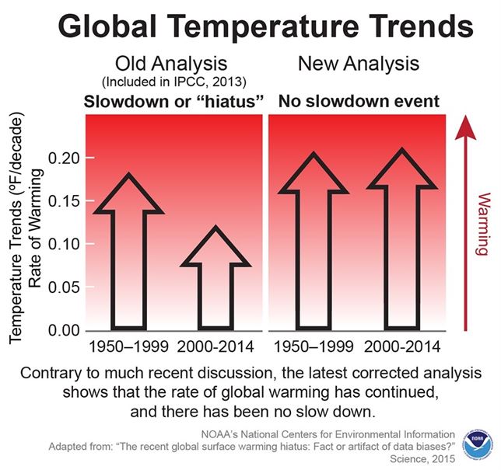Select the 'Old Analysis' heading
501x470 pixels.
coord(173,63)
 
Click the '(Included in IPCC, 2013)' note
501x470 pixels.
coord(172,82)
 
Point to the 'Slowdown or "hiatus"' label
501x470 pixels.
coord(172,100)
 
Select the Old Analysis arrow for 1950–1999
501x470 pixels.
coord(128,249)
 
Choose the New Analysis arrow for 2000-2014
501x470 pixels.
coord(401,241)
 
